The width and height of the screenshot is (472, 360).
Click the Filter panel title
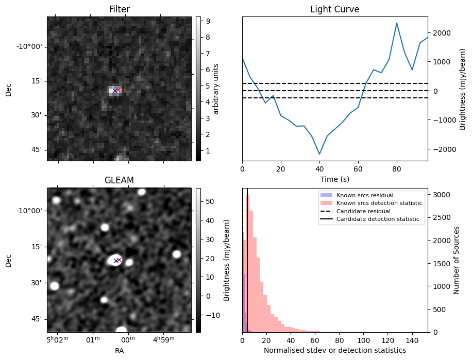[119, 9]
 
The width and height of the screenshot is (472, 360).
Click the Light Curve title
[334, 9]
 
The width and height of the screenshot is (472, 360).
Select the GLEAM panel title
[119, 180]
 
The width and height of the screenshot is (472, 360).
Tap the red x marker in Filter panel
[118, 90]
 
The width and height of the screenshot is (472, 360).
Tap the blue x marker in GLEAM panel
[115, 261]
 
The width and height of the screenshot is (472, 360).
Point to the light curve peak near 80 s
[397, 23]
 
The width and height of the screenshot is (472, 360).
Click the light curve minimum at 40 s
[319, 154]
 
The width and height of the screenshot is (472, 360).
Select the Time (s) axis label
[334, 178]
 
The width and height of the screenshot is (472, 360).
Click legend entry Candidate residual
[363, 212]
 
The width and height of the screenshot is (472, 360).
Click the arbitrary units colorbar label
[216, 89]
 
